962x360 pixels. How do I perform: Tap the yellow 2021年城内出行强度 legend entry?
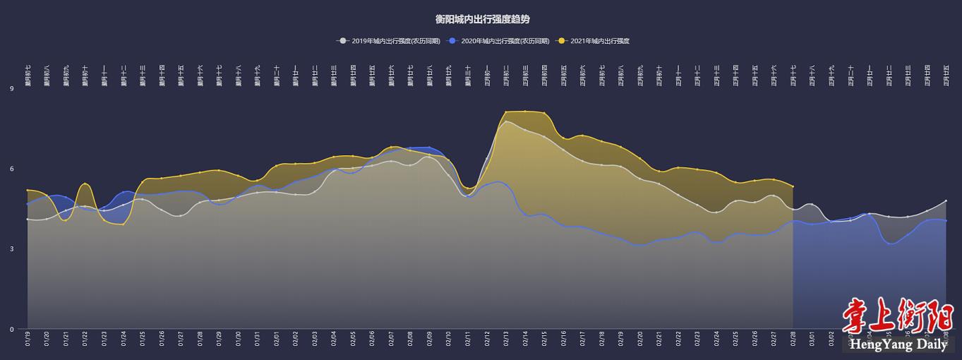coord(598,41)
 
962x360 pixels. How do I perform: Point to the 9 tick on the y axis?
coord(12,89)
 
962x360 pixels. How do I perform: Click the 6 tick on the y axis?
coord(12,169)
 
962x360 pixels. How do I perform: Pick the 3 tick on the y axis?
coord(12,249)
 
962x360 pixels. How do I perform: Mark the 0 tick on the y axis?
coord(12,329)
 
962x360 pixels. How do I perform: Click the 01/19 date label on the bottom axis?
coord(28,340)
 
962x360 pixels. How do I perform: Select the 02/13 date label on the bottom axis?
coord(506,340)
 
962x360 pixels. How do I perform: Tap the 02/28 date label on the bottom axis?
coord(793,340)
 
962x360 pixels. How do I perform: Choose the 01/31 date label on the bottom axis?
coord(257,340)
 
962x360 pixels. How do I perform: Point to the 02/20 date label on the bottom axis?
coord(640,340)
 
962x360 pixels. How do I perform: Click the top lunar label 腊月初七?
coord(28,75)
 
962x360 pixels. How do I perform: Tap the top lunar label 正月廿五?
coord(946,75)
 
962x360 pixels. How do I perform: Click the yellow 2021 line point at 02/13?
coord(506,112)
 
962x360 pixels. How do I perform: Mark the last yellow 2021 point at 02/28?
coord(793,186)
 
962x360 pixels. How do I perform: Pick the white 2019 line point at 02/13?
coord(506,122)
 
